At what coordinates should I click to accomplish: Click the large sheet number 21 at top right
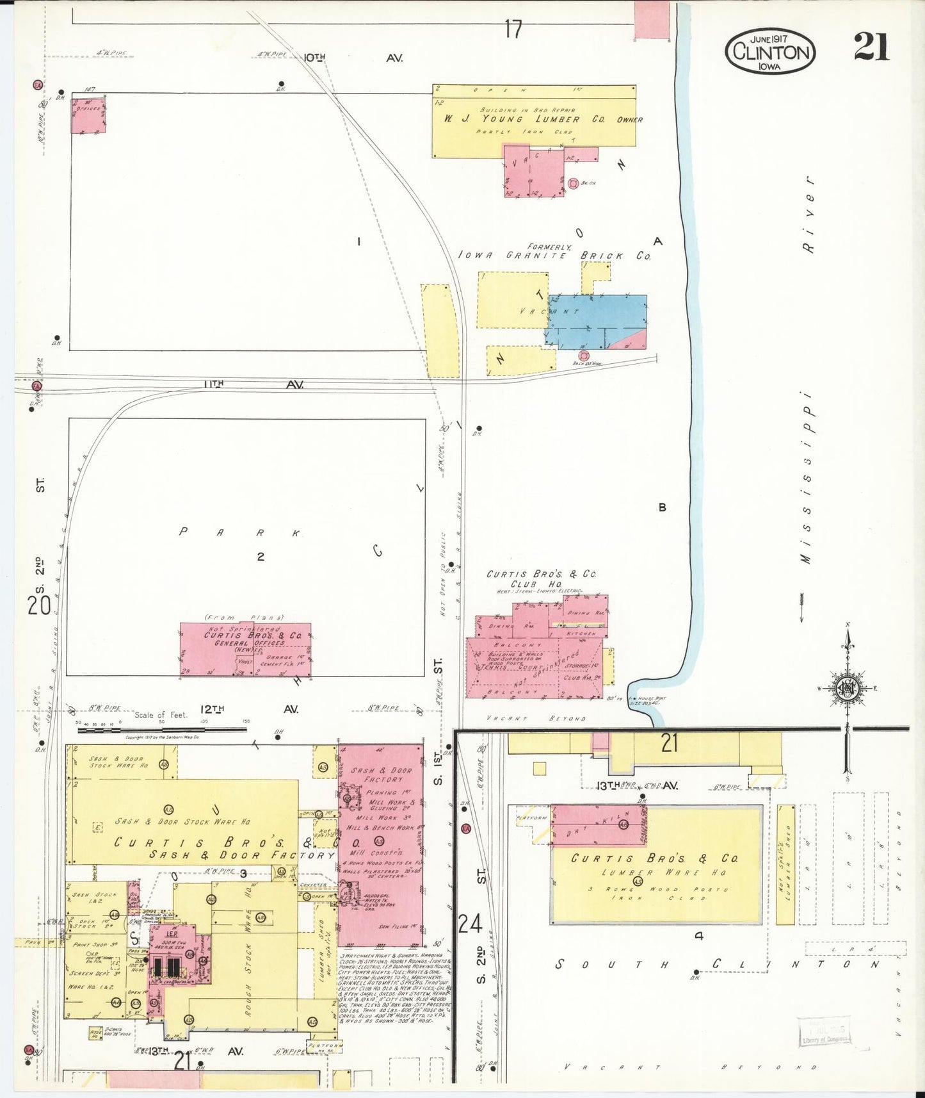871,47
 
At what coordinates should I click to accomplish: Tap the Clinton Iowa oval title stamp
771,51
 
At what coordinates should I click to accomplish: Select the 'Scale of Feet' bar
161,727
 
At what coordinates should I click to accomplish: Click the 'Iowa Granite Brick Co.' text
554,255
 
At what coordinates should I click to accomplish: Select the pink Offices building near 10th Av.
88,115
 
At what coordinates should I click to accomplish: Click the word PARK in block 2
239,532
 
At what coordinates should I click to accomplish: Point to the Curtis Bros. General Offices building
245,650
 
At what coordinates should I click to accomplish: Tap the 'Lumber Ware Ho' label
653,873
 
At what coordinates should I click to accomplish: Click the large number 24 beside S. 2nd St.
470,924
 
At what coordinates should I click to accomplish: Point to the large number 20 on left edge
39,604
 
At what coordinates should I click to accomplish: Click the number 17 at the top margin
513,29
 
